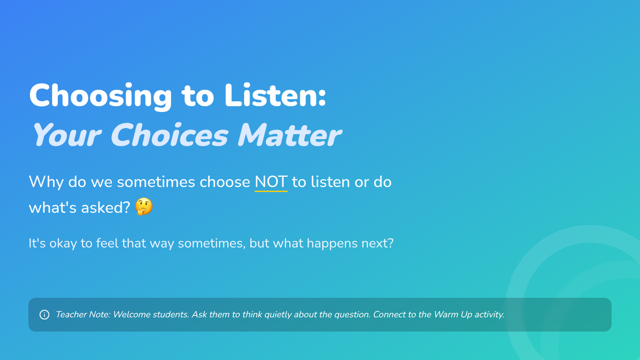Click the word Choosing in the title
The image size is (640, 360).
click(100, 96)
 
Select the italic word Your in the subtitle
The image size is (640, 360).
click(67, 134)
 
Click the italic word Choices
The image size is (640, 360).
click(170, 134)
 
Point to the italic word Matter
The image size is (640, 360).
click(290, 134)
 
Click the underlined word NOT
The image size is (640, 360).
click(271, 182)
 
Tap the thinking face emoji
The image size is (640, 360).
click(143, 206)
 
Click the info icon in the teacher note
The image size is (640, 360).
click(44, 315)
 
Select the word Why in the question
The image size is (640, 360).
click(46, 182)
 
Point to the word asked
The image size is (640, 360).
click(106, 207)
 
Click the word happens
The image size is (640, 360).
click(332, 244)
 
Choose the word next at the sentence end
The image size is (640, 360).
click(378, 243)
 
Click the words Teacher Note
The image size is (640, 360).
click(83, 315)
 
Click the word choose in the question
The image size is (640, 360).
click(225, 182)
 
